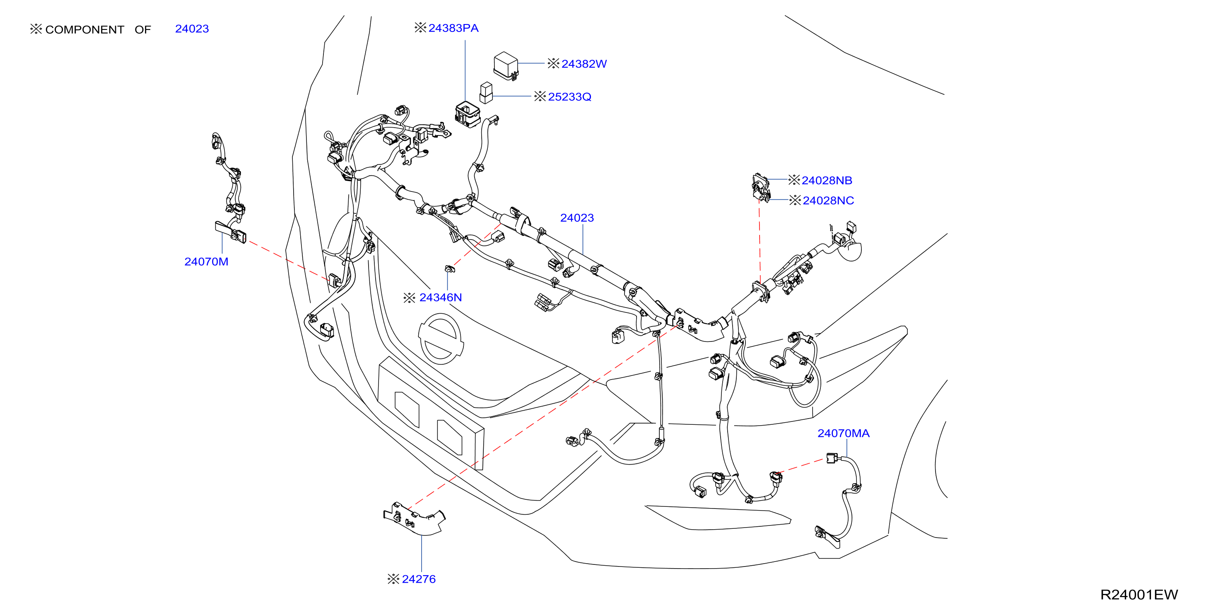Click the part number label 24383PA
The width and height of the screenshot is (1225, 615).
coord(453,28)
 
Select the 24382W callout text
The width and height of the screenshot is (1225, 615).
coord(584,64)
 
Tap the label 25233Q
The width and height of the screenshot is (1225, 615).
coord(570,97)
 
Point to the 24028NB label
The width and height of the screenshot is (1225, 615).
coord(827,180)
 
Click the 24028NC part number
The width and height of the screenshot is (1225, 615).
coord(828,201)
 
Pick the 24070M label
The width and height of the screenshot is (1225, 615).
coord(206,261)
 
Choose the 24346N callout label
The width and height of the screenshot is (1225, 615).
coord(440,298)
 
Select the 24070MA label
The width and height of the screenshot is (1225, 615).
coord(843,433)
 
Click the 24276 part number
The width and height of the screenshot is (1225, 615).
coord(418,579)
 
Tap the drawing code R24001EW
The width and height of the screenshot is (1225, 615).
coord(1139,595)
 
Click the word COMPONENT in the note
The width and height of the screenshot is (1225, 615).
coord(84,29)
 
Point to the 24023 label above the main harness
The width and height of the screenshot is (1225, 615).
coord(577,218)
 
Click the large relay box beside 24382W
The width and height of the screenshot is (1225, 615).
coord(506,66)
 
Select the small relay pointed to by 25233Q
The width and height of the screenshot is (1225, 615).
coord(486,93)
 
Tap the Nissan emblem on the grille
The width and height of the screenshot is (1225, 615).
coord(441,339)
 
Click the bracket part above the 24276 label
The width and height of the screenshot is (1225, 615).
coord(414,518)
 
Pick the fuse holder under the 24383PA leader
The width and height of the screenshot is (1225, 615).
coord(468,114)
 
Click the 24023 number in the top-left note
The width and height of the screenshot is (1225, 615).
coord(192,29)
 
